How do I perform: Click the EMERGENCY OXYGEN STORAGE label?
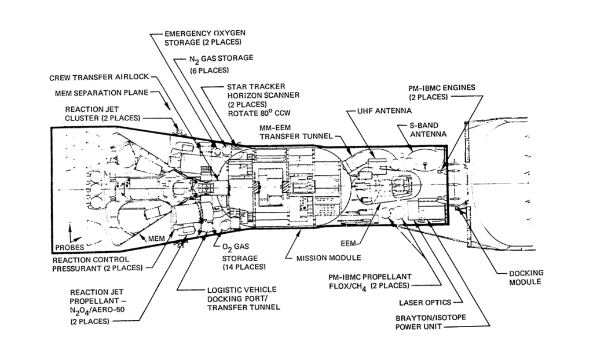pos(202,37)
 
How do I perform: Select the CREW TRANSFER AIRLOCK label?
pos(99,77)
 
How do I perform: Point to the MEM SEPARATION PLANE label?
pos(101,92)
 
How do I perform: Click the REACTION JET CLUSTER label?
pos(102,113)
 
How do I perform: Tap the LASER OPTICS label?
pos(423,302)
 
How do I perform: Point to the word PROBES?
pos(68,247)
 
